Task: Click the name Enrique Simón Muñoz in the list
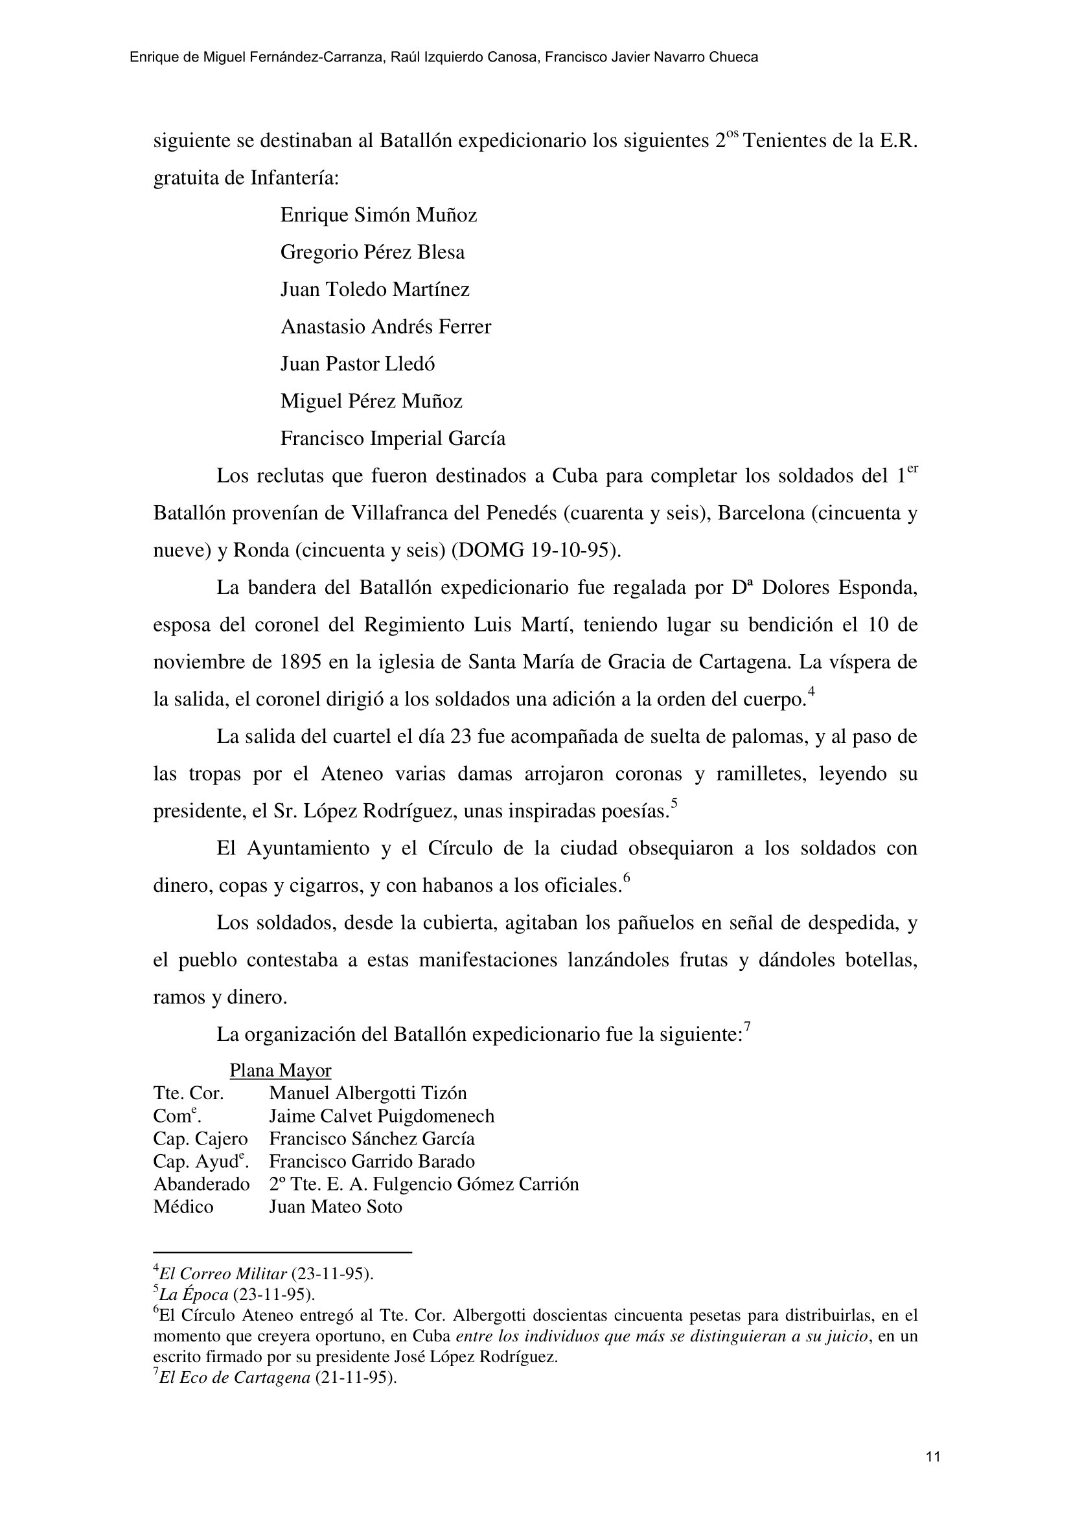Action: coord(378,215)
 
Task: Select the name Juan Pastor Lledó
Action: coord(358,364)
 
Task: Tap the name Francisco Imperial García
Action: coord(393,439)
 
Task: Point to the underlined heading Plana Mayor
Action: coord(280,1070)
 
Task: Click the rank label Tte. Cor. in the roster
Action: coord(188,1093)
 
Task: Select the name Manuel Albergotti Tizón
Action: coord(367,1093)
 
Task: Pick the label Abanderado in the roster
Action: coord(202,1185)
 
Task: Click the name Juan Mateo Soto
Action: coord(335,1207)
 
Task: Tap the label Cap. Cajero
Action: coord(200,1139)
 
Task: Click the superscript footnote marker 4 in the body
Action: coord(812,692)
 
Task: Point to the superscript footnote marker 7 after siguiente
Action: coord(748,1026)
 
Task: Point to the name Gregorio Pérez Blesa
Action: coord(372,252)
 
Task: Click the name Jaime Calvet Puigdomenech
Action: coord(382,1116)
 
